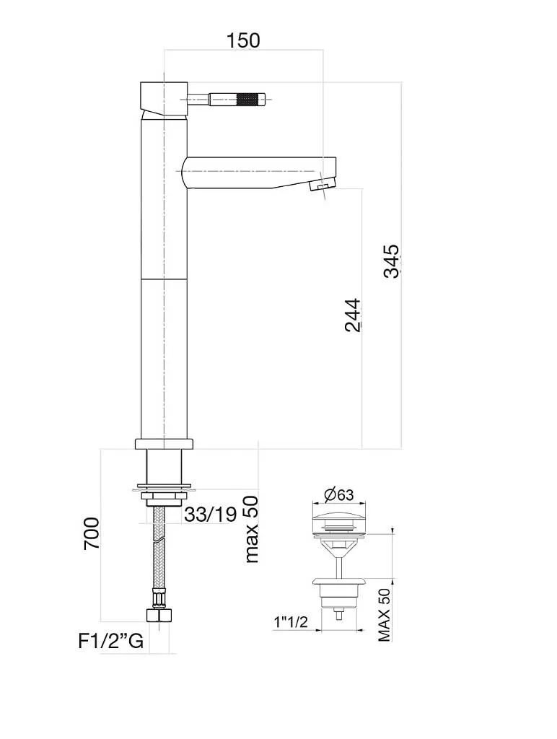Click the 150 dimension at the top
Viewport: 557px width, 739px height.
243,40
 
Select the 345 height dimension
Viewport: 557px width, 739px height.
390,261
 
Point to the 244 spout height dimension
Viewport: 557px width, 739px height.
352,315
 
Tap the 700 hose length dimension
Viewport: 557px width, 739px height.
92,533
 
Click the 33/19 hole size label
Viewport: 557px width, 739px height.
210,515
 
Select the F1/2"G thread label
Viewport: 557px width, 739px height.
110,641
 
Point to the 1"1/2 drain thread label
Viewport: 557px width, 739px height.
291,622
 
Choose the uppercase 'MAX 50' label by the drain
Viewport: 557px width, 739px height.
384,614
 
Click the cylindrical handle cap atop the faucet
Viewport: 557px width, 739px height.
163,98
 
